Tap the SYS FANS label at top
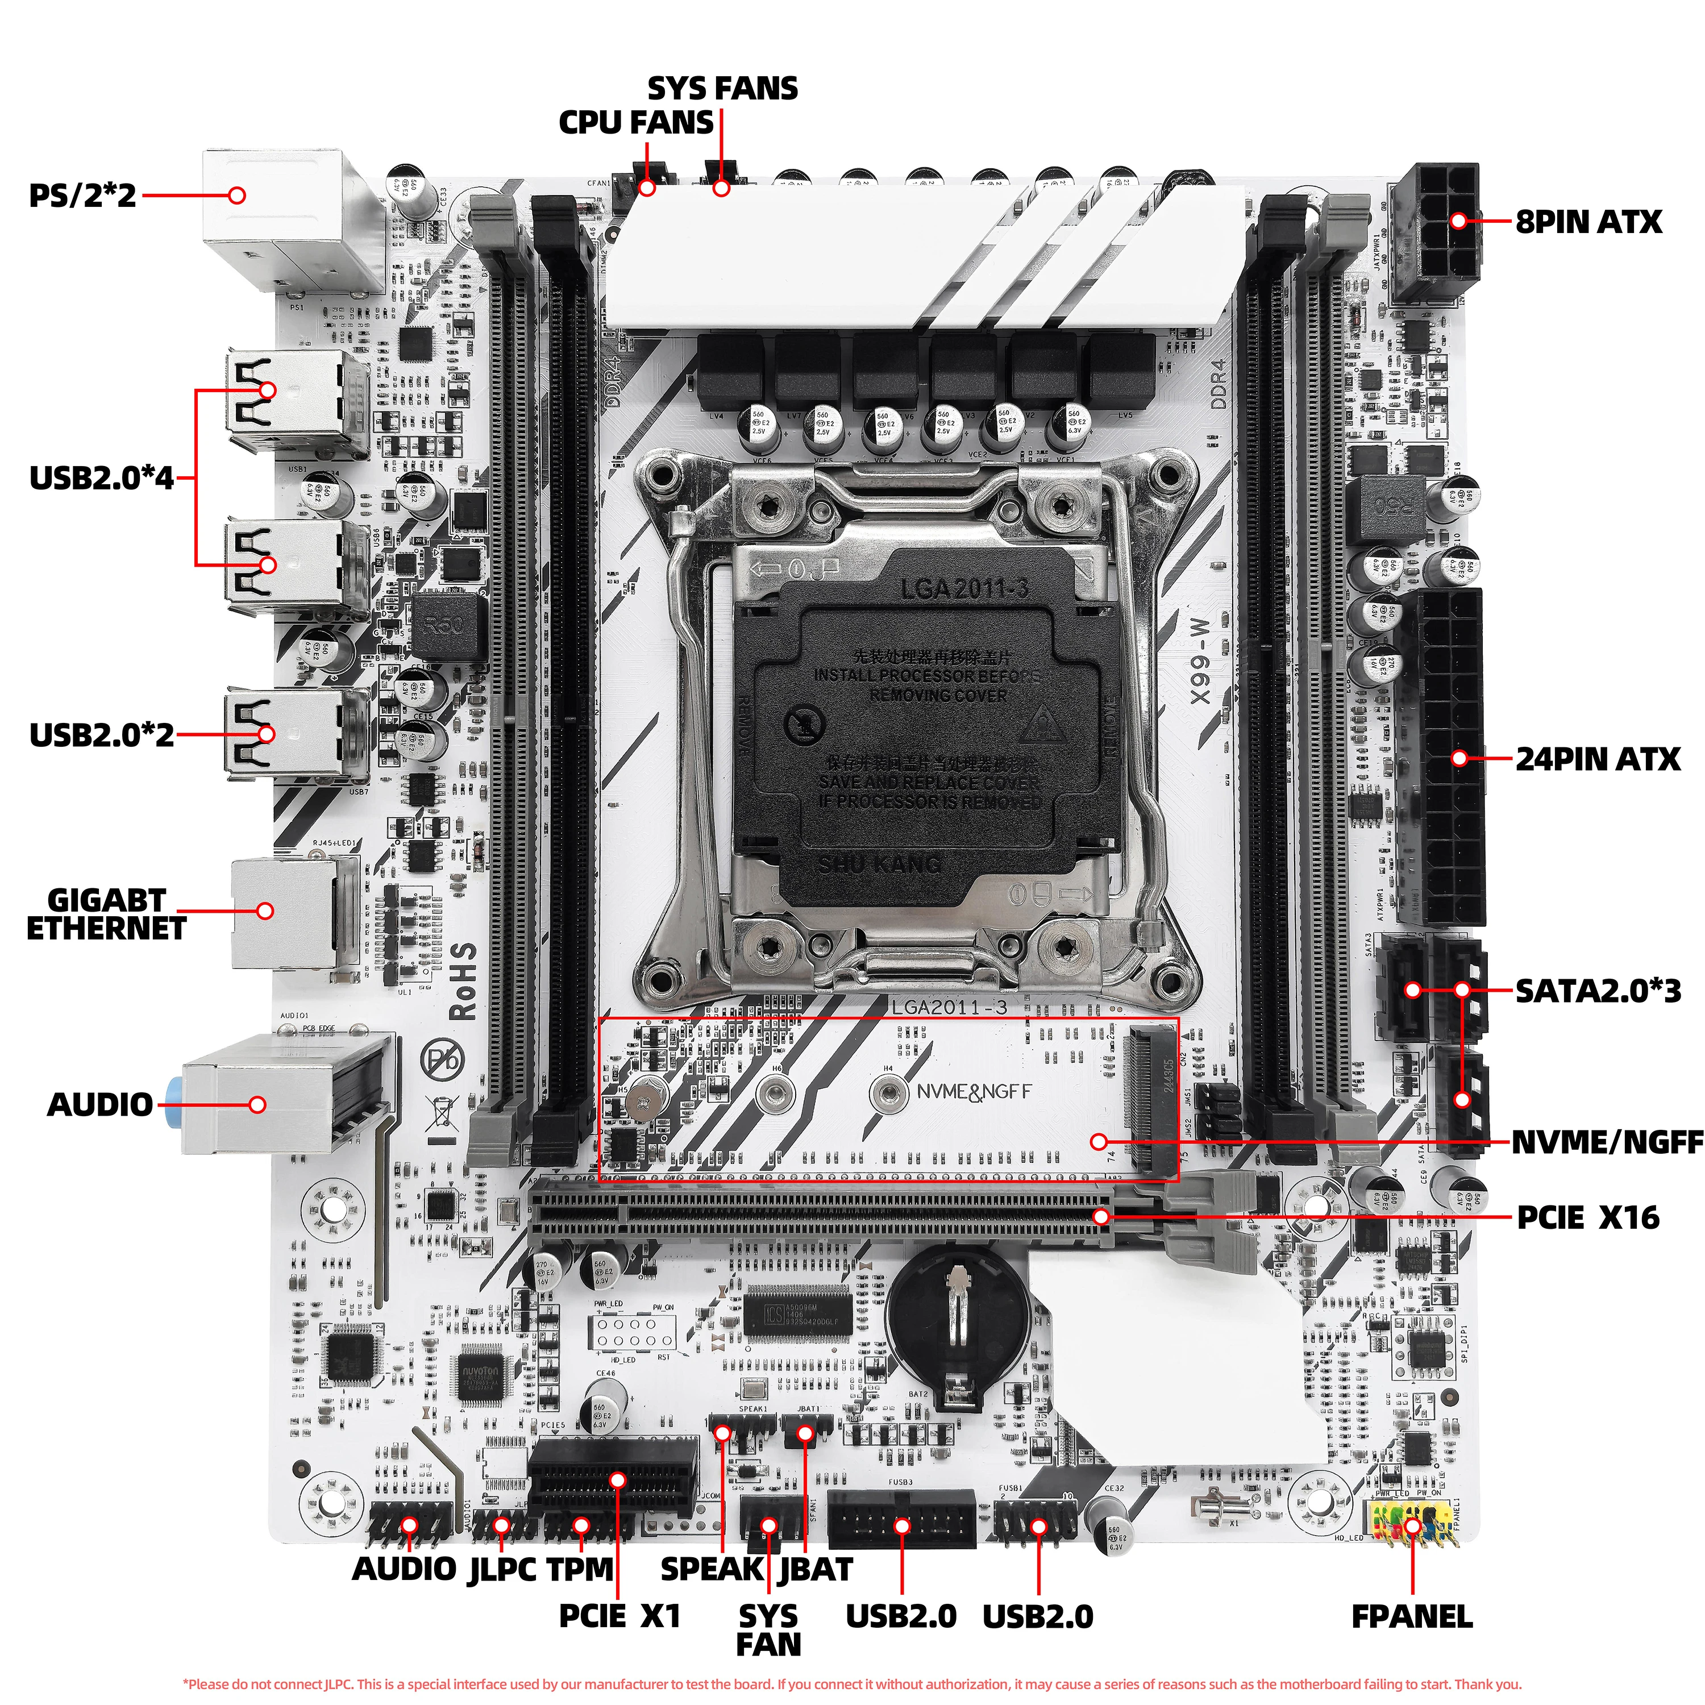click(722, 88)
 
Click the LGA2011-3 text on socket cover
click(964, 589)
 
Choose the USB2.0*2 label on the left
click(102, 734)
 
